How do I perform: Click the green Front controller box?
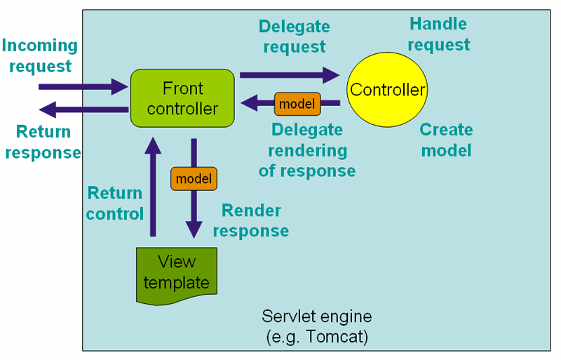(182, 98)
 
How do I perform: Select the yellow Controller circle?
(387, 90)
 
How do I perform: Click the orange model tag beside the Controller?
(297, 104)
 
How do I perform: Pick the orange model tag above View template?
(194, 179)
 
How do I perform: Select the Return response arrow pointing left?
(84, 109)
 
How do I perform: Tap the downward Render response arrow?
(194, 211)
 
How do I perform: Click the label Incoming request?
(39, 56)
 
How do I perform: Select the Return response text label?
(43, 142)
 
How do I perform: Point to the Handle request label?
(438, 34)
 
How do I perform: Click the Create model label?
(446, 140)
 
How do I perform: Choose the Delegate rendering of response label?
(307, 150)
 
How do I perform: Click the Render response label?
(251, 220)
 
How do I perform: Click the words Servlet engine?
(317, 316)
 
